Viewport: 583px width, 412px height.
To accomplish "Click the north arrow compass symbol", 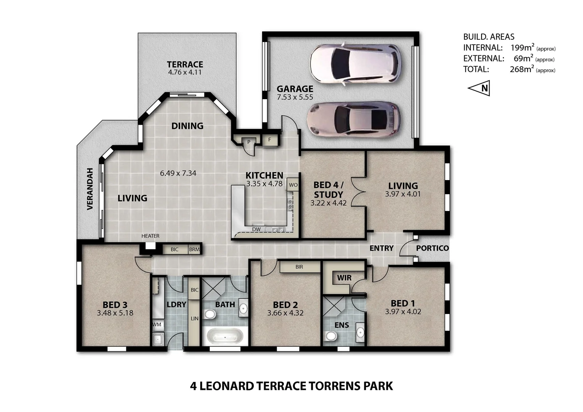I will click(480, 89).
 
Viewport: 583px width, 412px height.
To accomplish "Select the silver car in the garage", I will click(354, 119).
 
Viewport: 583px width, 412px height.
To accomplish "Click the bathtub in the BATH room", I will click(225, 337).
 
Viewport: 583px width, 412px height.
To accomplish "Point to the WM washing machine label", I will click(157, 325).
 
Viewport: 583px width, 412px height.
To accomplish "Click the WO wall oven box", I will click(293, 185).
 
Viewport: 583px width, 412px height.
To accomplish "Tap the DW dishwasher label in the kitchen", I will click(256, 229).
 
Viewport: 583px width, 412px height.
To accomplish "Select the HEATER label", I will click(150, 236).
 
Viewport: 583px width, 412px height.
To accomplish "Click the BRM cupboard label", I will click(194, 249).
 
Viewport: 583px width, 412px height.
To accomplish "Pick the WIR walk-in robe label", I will click(344, 278).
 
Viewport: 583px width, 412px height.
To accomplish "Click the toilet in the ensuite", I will click(331, 336).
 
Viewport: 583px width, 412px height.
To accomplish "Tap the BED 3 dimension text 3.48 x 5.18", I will click(115, 313).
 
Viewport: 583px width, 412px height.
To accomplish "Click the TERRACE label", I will click(185, 64).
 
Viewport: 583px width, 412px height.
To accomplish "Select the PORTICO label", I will click(432, 248).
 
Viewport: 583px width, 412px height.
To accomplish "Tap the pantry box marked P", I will click(249, 142).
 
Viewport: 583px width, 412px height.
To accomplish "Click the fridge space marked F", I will click(269, 140).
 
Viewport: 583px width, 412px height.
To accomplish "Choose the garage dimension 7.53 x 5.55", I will click(295, 97).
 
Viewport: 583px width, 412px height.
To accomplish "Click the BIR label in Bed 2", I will click(299, 267).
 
